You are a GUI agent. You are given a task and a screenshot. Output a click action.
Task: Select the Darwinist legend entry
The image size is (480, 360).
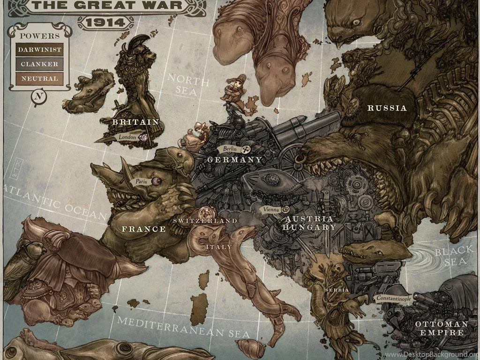(39, 49)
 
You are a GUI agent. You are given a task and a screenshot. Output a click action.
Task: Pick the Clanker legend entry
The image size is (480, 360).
(39, 64)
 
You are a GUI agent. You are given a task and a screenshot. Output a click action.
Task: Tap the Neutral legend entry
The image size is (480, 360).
(39, 79)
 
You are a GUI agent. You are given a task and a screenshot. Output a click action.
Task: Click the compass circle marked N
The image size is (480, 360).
(39, 97)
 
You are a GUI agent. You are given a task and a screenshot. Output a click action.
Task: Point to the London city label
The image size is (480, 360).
(127, 137)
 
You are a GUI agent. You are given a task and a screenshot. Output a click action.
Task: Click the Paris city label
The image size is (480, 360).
(141, 180)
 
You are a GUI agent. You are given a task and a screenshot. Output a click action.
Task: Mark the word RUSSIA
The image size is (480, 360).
(387, 108)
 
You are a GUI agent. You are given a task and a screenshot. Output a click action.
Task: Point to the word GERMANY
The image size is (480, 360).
(234, 159)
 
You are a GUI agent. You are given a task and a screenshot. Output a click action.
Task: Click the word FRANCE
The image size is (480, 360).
(144, 229)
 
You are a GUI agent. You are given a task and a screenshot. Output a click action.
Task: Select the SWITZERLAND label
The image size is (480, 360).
(205, 220)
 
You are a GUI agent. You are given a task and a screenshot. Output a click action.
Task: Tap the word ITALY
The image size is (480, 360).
(219, 247)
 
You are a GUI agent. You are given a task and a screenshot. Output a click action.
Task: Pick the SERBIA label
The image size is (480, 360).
(337, 290)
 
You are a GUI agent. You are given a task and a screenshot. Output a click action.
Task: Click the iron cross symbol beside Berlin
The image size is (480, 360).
(245, 149)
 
